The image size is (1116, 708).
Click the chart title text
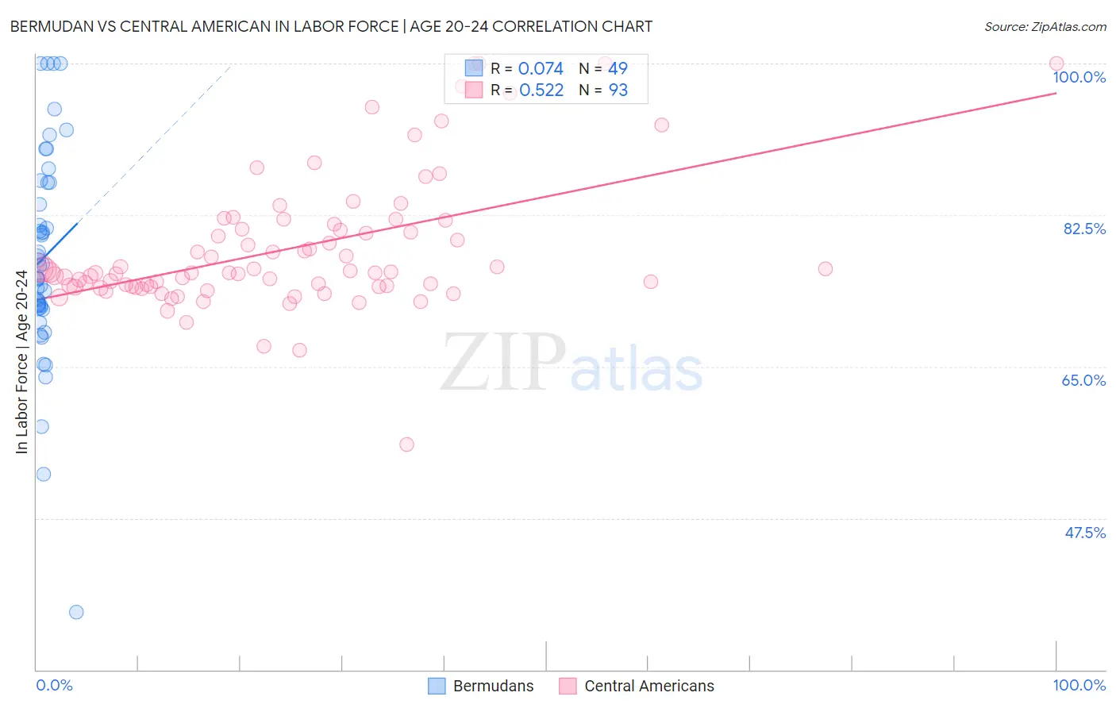331,26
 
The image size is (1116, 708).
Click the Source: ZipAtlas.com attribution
1045,26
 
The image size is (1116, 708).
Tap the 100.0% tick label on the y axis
1079,77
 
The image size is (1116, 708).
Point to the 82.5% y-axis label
1084,229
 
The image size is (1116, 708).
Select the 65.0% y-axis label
1083,380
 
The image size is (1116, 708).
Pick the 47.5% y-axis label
1084,533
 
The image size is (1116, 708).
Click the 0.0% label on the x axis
54,685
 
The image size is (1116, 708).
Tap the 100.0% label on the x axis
1079,685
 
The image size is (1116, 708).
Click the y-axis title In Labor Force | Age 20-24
21,362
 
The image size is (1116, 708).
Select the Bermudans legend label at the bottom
493,686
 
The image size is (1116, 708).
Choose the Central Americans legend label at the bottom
648,686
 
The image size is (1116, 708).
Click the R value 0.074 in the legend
541,68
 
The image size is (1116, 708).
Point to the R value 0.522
541,90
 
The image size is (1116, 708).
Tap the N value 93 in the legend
618,90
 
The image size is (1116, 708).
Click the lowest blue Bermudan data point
76,612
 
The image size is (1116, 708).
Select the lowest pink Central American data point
406,444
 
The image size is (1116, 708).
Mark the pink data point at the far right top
1056,63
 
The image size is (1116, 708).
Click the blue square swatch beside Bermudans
437,686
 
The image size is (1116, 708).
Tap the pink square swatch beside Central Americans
567,686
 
